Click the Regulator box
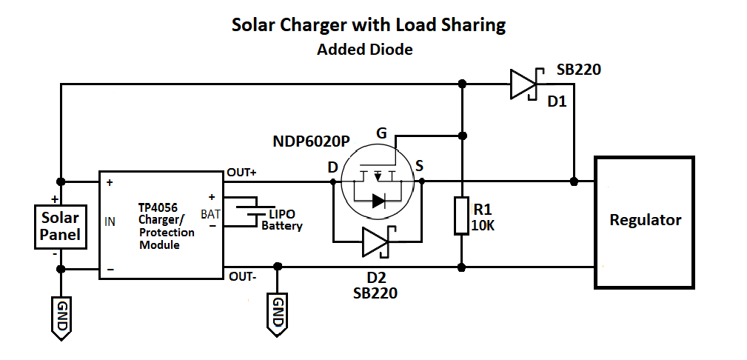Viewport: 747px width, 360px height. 645,221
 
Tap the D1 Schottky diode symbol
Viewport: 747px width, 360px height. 523,84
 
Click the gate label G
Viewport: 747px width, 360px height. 381,133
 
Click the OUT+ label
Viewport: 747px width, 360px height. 242,171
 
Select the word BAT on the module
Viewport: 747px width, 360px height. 210,215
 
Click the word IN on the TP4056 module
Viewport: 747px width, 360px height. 110,221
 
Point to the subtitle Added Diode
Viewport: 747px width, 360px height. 364,50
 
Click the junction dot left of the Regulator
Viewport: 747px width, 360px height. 575,181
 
